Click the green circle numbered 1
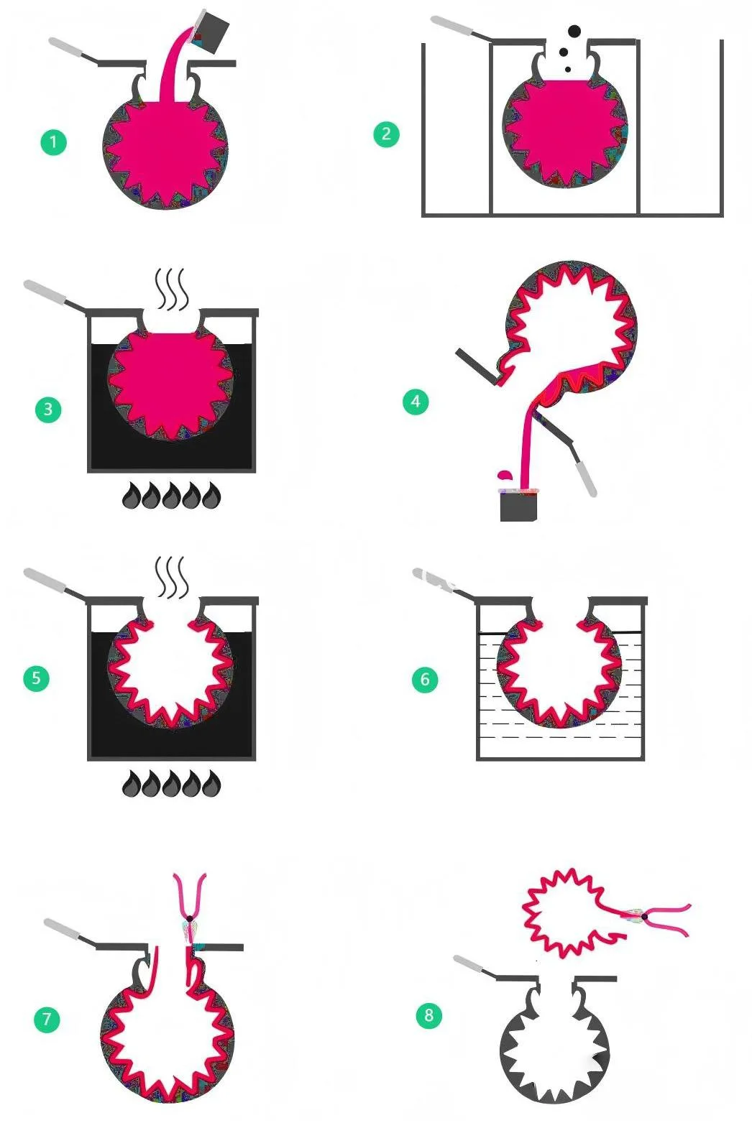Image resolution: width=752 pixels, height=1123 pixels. (x=54, y=142)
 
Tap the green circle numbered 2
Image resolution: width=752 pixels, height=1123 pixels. (x=387, y=134)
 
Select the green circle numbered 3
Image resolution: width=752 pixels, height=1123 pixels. (x=48, y=409)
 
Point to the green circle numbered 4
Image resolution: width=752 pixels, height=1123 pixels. (x=416, y=401)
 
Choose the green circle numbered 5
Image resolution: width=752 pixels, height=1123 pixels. (x=36, y=678)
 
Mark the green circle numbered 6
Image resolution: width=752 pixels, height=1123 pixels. (x=425, y=679)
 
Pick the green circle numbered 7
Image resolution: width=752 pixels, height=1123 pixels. (x=47, y=1020)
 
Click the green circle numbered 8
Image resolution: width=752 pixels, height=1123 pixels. (x=429, y=1015)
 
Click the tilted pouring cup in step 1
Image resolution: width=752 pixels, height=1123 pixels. (x=210, y=32)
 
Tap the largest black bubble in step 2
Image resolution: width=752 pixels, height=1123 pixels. (x=574, y=32)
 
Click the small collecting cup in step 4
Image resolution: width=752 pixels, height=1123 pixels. (x=519, y=504)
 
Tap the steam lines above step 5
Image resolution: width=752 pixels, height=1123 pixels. (x=173, y=577)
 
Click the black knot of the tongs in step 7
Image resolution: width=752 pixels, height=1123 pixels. (x=190, y=918)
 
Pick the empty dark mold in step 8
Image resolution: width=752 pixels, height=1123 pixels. (x=555, y=1040)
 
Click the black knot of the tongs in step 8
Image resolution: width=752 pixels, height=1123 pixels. (x=643, y=917)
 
